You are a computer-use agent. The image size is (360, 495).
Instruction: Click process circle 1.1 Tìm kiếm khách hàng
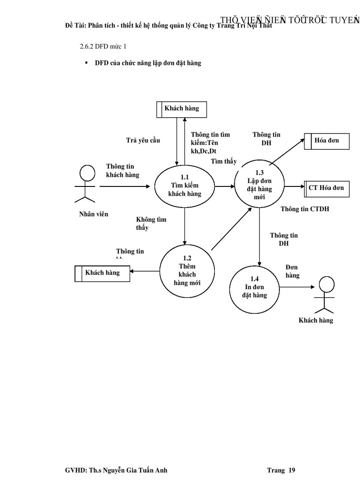click(184, 186)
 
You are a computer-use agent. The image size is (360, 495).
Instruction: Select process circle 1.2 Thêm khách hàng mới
click(187, 271)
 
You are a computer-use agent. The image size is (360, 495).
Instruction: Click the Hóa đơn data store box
click(327, 141)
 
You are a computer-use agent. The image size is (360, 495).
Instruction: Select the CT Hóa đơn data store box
click(327, 188)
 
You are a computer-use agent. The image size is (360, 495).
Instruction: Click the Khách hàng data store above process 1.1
click(181, 109)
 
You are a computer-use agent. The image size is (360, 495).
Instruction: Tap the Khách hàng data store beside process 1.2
click(102, 273)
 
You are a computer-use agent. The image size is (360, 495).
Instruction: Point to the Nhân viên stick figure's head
click(87, 173)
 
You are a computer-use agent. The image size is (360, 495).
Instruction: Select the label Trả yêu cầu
click(143, 141)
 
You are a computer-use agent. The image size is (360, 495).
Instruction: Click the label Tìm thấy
click(223, 161)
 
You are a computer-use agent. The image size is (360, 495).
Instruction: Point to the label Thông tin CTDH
click(305, 209)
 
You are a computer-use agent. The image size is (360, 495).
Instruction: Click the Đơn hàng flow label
click(292, 272)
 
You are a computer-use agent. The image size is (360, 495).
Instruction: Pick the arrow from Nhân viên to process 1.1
click(125, 186)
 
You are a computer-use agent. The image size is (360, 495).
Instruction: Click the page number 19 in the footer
click(292, 470)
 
